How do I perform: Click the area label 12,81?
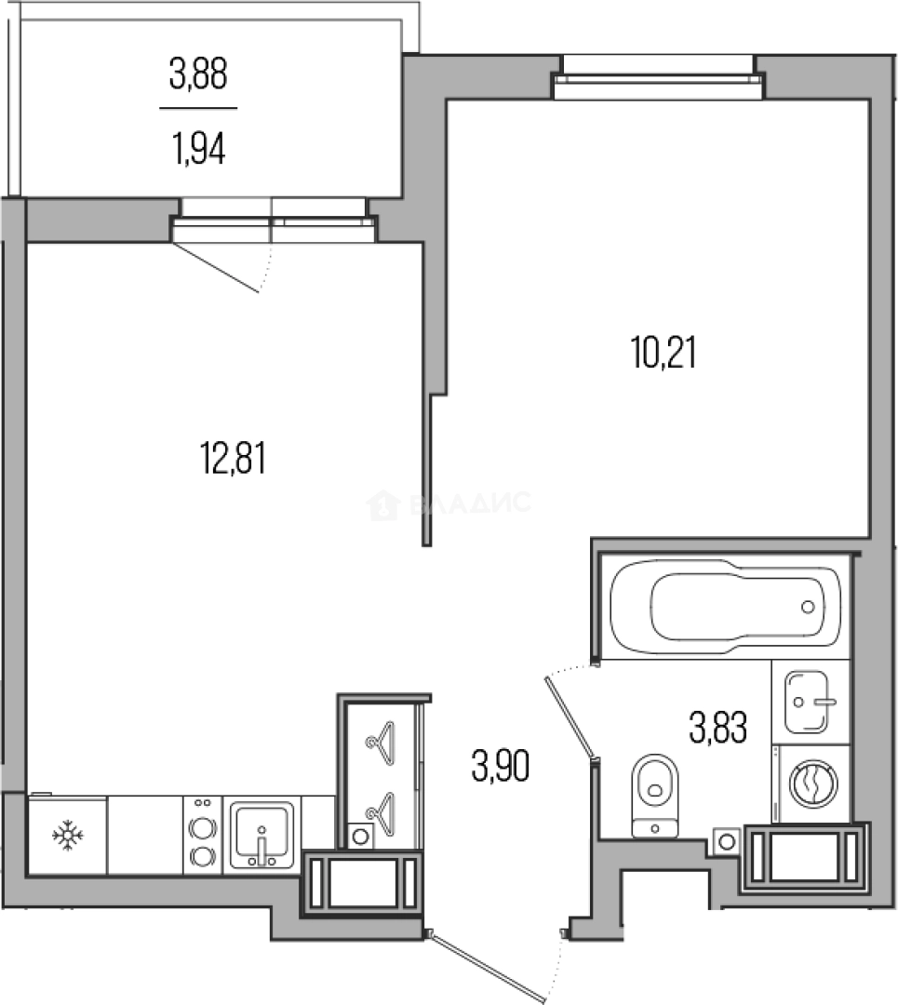233,459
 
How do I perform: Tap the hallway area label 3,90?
500,768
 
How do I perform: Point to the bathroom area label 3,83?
717,727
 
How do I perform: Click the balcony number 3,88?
198,74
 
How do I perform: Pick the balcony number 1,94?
198,148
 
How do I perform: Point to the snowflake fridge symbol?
68,836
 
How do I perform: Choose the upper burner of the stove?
202,825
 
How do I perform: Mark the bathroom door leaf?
570,716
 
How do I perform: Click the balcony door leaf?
217,266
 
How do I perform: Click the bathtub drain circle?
807,607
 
